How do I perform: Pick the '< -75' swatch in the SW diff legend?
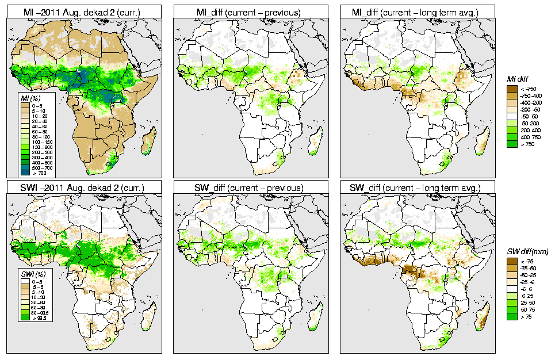coord(511,261)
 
